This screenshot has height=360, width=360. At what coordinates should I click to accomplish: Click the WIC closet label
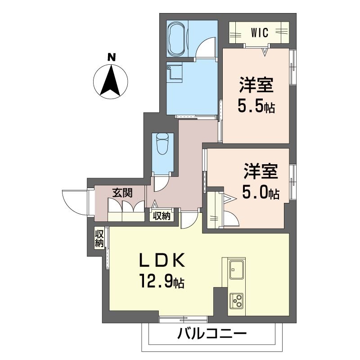tap(260, 32)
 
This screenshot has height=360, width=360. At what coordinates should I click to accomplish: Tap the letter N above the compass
tap(111, 57)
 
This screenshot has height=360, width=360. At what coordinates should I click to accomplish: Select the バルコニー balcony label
tap(212, 335)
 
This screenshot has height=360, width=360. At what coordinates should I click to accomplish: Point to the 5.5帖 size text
tap(256, 108)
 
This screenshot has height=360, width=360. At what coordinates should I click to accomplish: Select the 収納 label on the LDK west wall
tap(99, 238)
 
